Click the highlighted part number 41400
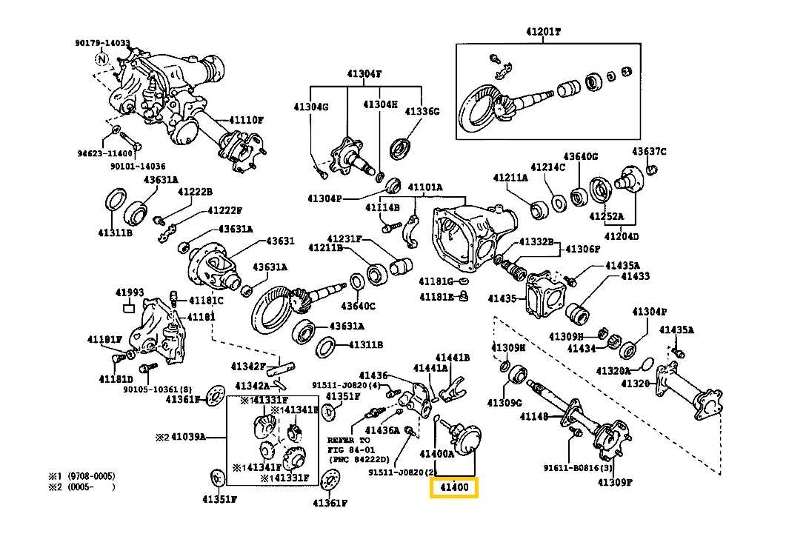coord(455,488)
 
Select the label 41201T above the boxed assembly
coord(544,33)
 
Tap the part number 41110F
coord(246,120)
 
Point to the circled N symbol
coord(102,58)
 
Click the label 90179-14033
coord(102,43)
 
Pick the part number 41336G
coord(422,111)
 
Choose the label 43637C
coord(649,152)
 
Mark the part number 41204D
coord(621,236)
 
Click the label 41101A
coord(425,187)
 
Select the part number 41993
coord(130,292)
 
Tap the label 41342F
coord(247,366)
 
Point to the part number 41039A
coord(189,437)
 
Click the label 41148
coord(533,417)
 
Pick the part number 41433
coord(635,276)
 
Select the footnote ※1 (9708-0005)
coord(81,476)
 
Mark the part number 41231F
coord(345,238)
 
